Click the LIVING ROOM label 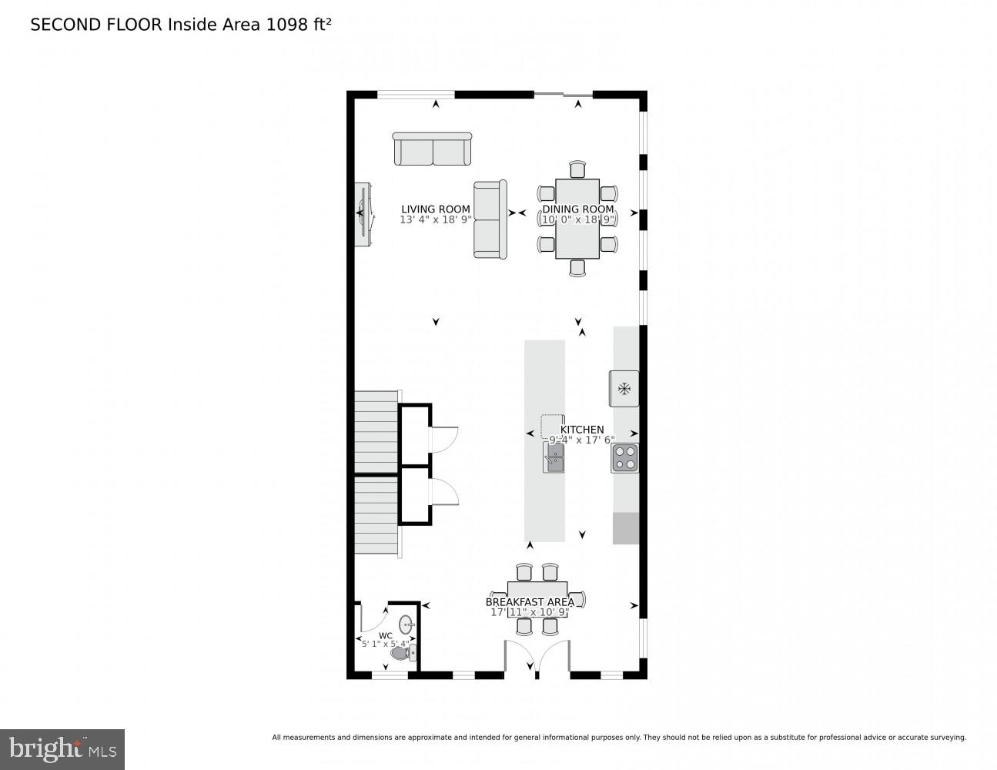435,209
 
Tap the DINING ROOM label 578,209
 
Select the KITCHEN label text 582,430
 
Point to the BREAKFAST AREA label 530,602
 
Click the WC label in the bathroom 386,635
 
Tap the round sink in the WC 406,623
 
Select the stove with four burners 625,459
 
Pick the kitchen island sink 554,458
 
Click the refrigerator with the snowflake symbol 624,388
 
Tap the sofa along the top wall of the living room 432,149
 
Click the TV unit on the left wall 363,215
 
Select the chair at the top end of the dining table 577,169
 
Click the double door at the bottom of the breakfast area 537,659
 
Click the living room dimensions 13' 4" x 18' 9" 435,219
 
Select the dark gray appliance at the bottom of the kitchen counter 626,528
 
